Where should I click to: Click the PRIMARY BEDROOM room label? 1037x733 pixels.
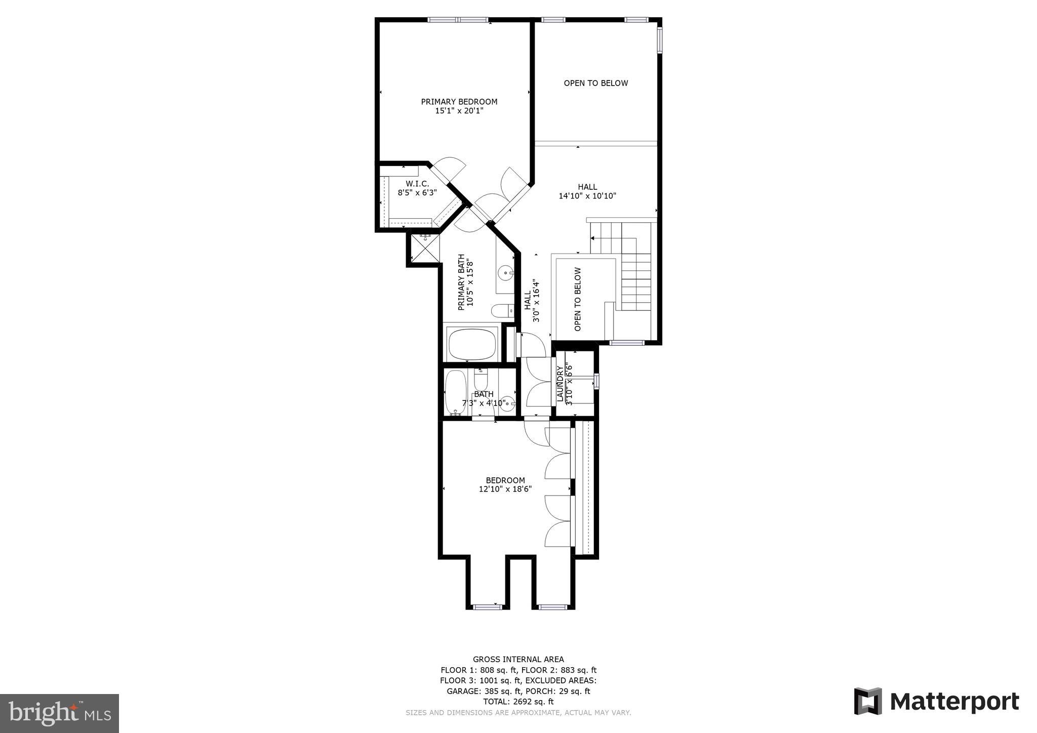pos(459,102)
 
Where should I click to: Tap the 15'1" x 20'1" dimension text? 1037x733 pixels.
pos(459,111)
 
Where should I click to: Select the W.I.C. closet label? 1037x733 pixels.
pos(417,184)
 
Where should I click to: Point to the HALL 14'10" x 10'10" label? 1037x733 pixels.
pos(587,191)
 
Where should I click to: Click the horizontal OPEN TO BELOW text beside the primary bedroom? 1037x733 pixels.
pos(595,83)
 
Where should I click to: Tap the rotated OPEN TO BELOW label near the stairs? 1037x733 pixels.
pos(578,299)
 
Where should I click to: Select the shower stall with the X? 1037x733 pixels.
pos(425,249)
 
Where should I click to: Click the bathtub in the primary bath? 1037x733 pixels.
pos(472,344)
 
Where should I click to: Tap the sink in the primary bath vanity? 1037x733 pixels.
pos(505,273)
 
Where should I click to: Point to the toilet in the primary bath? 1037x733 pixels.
pos(502,310)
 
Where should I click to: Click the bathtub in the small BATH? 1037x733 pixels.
pos(455,393)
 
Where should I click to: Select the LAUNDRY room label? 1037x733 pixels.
pos(560,385)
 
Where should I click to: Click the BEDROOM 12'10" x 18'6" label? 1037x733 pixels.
pos(505,484)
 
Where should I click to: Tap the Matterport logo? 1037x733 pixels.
pos(936,701)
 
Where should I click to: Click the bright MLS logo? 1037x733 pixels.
pos(59,713)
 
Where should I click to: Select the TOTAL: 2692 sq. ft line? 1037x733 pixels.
pos(518,702)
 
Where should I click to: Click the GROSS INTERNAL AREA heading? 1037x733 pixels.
pos(518,659)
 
